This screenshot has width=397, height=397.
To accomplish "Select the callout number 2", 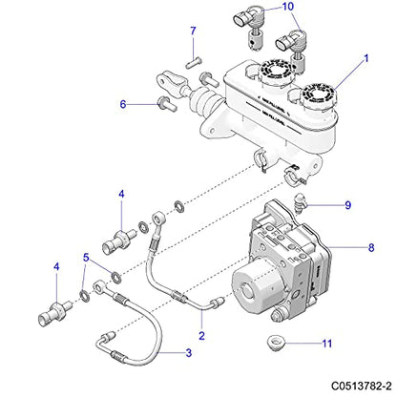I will [201, 335].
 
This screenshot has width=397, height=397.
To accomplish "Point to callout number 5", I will [87, 257].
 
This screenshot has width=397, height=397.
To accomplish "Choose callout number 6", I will [123, 103].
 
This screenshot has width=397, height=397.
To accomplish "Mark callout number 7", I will [192, 31].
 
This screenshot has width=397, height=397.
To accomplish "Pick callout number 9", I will [348, 204].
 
